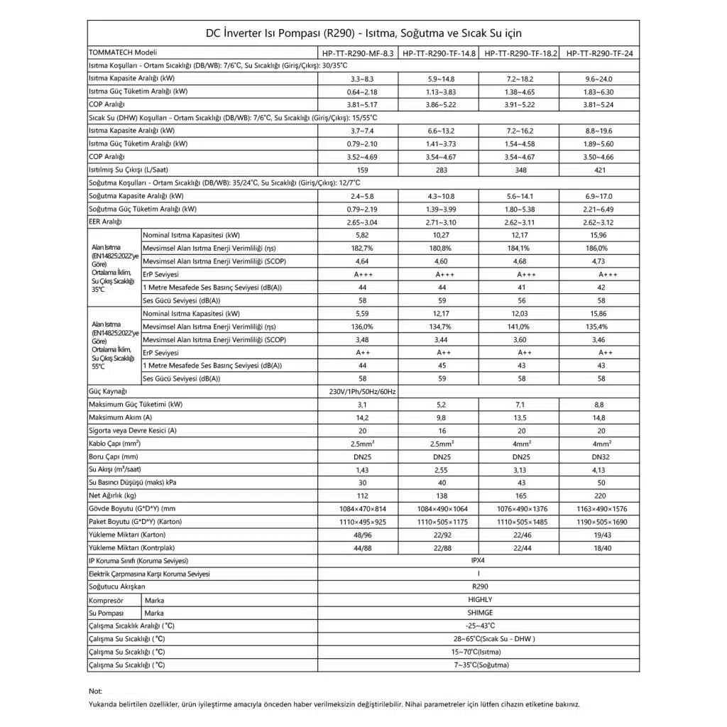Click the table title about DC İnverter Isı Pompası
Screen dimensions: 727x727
click(363, 33)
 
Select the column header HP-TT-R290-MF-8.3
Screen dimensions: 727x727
click(358, 53)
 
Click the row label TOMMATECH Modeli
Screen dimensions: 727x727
click(123, 53)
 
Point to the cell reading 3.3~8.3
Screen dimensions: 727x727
click(358, 79)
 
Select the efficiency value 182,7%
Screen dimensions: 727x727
click(358, 248)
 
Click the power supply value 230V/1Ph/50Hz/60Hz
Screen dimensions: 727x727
click(358, 392)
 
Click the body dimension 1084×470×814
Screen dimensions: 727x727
click(358, 508)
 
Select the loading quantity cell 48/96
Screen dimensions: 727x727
click(358, 535)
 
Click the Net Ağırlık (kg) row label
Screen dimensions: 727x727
click(113, 496)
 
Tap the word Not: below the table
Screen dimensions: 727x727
click(96, 691)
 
